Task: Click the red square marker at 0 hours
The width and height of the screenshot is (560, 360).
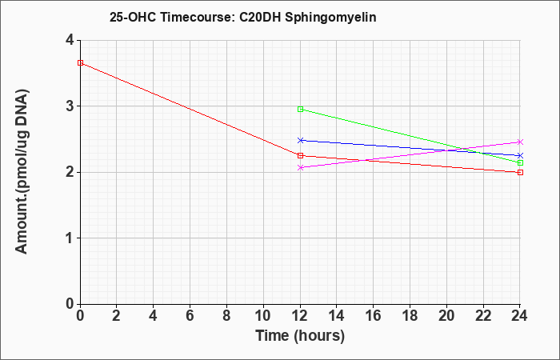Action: click(x=80, y=63)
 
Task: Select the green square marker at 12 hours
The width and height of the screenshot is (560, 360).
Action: click(x=300, y=109)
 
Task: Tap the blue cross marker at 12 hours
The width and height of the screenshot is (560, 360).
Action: click(x=300, y=140)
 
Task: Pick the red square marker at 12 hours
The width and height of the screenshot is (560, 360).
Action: click(x=300, y=155)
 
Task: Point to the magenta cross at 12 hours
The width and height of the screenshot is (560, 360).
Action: click(x=300, y=167)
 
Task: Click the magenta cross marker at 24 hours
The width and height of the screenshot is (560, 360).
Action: click(x=520, y=142)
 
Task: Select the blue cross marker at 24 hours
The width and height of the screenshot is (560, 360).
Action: click(x=520, y=155)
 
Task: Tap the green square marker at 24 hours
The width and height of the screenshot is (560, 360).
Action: click(x=520, y=162)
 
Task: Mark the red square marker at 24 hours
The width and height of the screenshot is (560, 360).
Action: click(x=520, y=172)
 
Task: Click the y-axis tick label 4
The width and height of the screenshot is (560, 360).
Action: click(x=70, y=40)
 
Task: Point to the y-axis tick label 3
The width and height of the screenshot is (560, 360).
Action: click(x=70, y=106)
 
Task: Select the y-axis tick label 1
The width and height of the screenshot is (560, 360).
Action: click(x=70, y=238)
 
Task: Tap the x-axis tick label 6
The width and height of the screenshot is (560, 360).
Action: click(x=190, y=316)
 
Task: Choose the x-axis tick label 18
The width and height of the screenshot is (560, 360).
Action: click(x=410, y=316)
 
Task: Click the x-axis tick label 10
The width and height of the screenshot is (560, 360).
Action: click(x=263, y=316)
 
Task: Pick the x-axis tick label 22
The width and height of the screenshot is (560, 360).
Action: click(x=483, y=316)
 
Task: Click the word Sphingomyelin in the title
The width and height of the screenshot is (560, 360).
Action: click(x=330, y=18)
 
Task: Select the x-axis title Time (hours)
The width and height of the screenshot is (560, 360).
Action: click(x=300, y=336)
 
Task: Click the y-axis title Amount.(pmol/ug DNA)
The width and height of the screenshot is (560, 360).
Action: click(x=22, y=172)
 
